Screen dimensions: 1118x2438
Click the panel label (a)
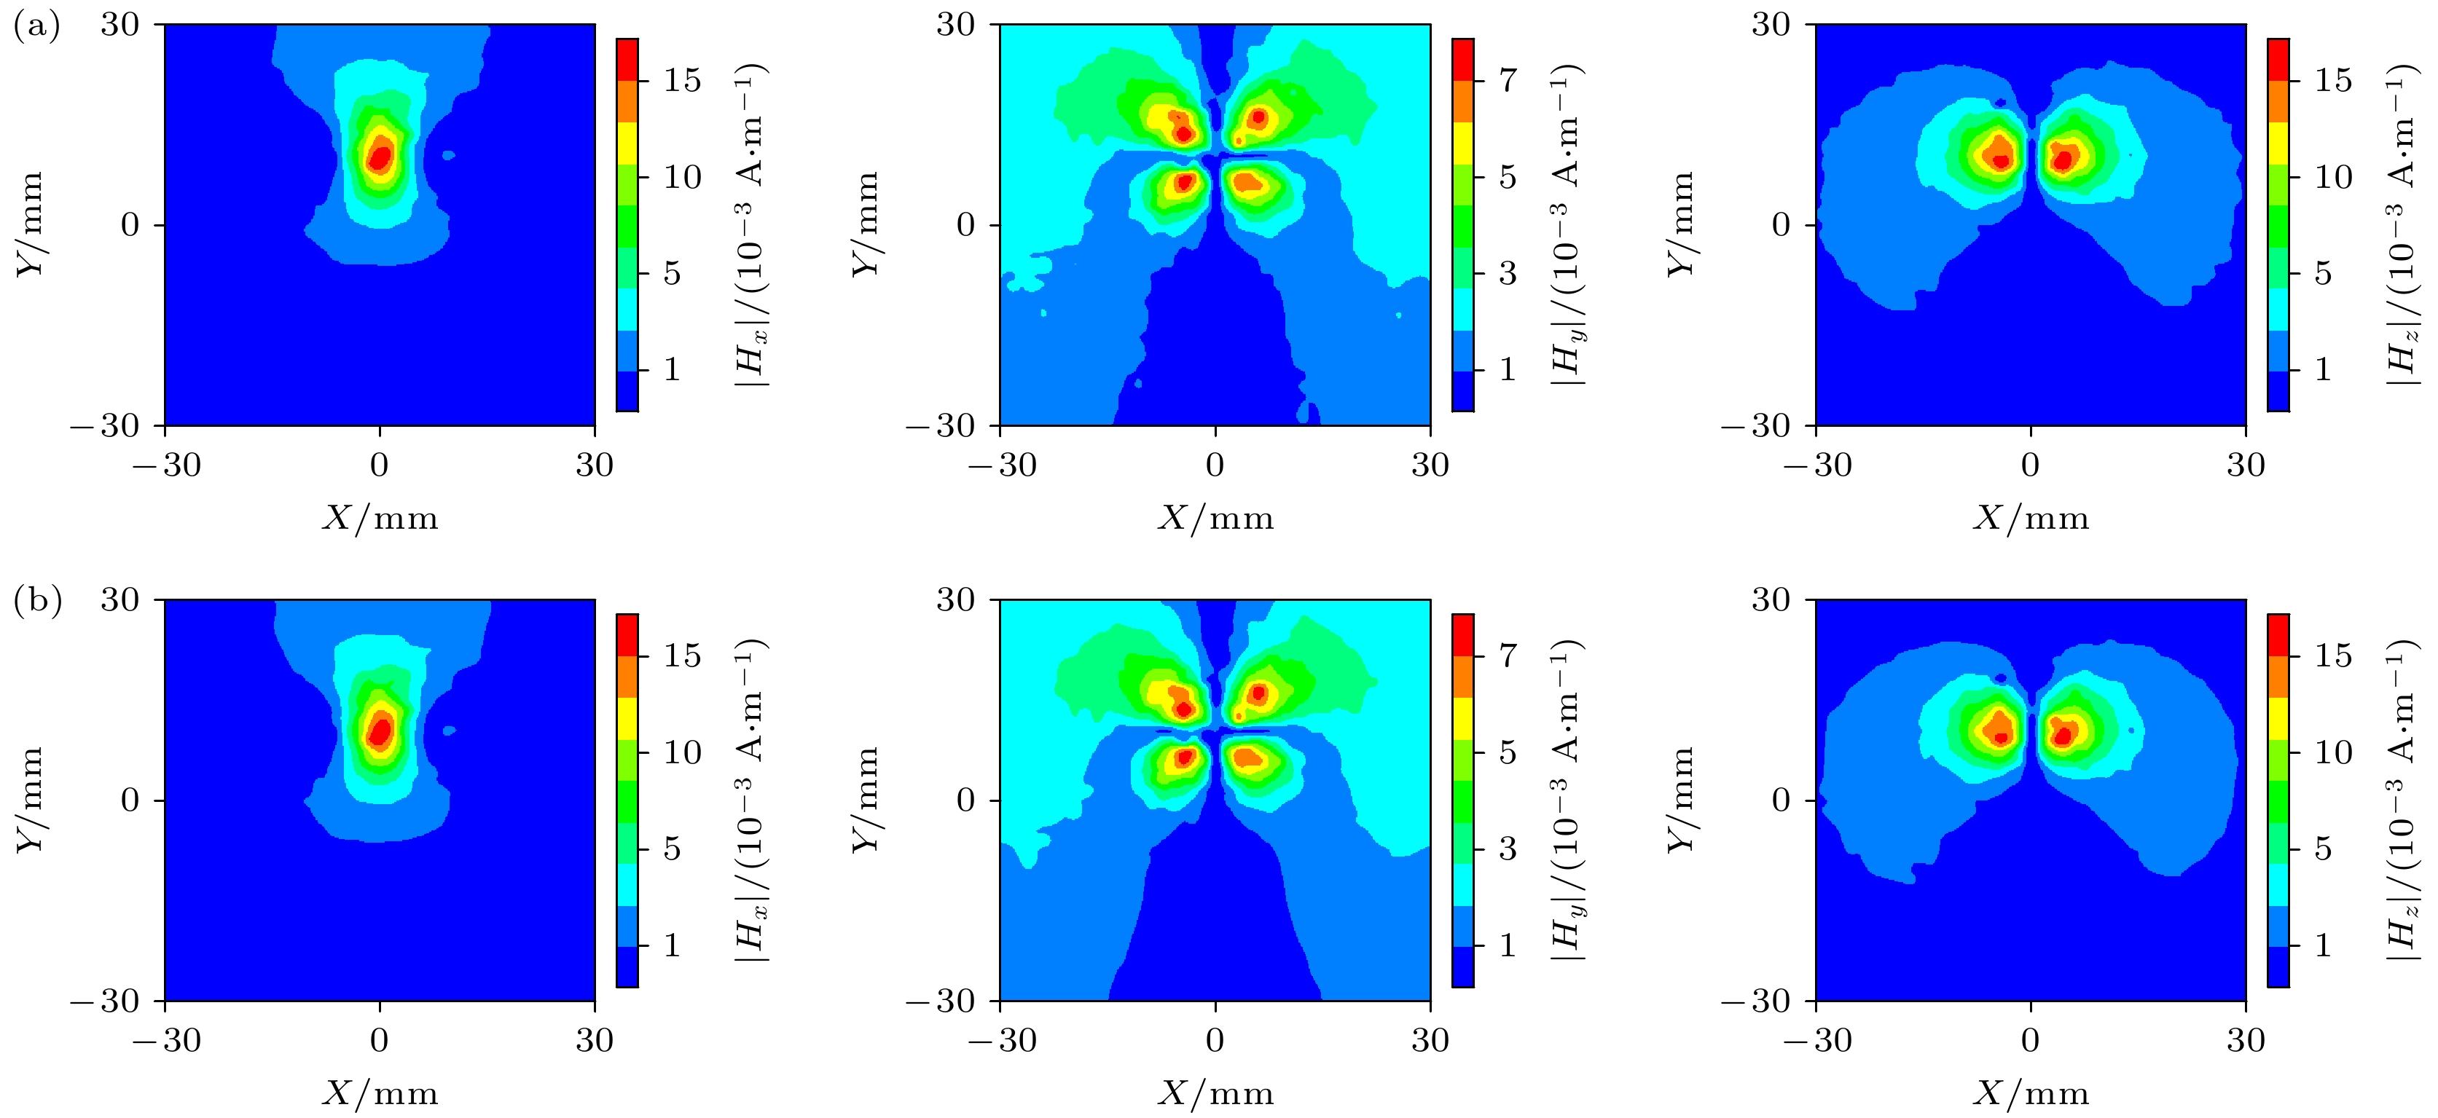coord(36,26)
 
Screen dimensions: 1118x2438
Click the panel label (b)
coord(36,602)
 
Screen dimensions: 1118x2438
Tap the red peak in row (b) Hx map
coord(380,731)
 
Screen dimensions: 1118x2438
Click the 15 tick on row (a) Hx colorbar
coord(681,82)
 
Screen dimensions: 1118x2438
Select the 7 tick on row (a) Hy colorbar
coord(1508,82)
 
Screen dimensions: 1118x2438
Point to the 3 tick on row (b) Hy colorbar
coord(1508,849)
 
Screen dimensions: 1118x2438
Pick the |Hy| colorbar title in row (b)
coord(1567,800)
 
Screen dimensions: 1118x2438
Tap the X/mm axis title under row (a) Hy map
coord(1215,519)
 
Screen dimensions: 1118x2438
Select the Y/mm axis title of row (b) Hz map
coord(1681,800)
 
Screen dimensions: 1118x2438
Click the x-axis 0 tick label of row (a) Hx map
coord(380,465)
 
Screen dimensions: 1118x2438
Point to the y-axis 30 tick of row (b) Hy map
coord(956,599)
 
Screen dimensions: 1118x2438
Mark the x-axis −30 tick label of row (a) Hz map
coord(1817,465)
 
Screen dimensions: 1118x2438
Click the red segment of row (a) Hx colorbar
coord(627,60)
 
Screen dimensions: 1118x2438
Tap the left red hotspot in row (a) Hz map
coord(2000,161)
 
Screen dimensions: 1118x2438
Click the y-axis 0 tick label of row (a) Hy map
coord(965,225)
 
